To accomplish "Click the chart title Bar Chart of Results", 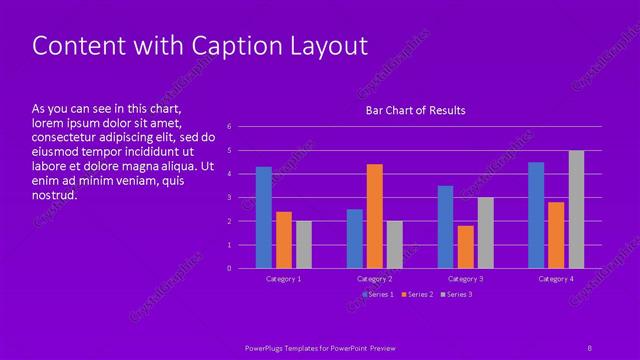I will pyautogui.click(x=415, y=110).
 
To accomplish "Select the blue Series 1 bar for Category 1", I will pyautogui.click(x=264, y=217).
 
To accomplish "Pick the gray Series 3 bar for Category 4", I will pyautogui.click(x=576, y=209).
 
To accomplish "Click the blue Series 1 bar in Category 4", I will pyautogui.click(x=536, y=215).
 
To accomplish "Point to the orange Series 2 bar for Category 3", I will pyautogui.click(x=465, y=247).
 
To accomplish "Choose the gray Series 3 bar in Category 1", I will pyautogui.click(x=304, y=244).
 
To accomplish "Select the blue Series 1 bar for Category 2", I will pyautogui.click(x=355, y=238).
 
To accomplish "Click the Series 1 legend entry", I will pyautogui.click(x=377, y=294).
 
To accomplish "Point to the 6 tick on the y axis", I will pyautogui.click(x=230, y=127).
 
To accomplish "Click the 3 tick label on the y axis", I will pyautogui.click(x=230, y=197).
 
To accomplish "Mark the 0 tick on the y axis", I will pyautogui.click(x=230, y=268).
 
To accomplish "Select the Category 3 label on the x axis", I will pyautogui.click(x=465, y=279).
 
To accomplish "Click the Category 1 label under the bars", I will pyautogui.click(x=284, y=279).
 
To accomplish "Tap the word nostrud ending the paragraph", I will pyautogui.click(x=55, y=195).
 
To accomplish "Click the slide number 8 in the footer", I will pyautogui.click(x=589, y=346).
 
